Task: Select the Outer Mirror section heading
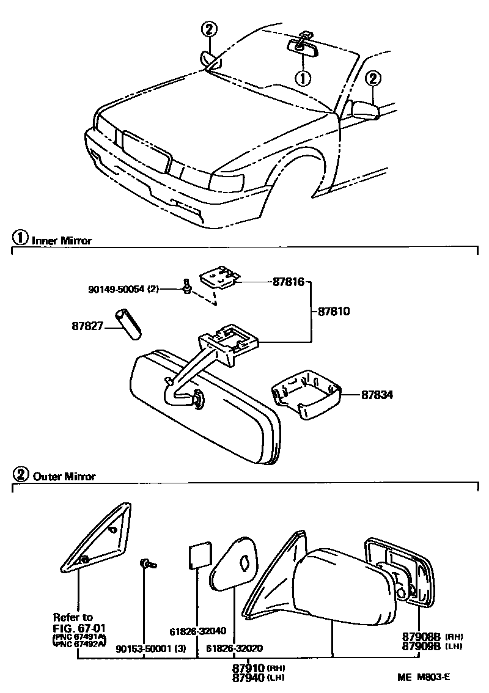(x=62, y=476)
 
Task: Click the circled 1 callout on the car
(x=303, y=78)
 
